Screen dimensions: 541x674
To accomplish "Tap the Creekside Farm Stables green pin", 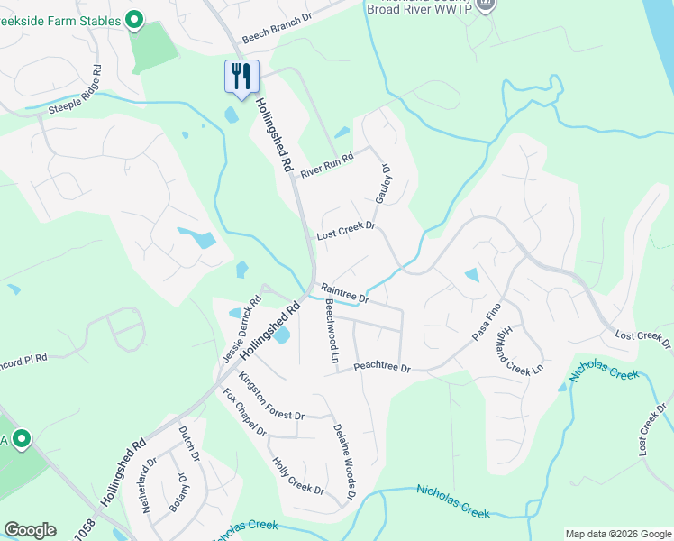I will (x=134, y=19).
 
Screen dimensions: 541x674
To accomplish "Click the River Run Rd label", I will (x=326, y=163).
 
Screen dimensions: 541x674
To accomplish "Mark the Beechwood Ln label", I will (x=332, y=334).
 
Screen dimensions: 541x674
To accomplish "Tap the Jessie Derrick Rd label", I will (x=241, y=331).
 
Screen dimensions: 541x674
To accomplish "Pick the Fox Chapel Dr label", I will (x=245, y=412).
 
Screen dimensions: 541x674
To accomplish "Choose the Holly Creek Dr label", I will (x=297, y=476).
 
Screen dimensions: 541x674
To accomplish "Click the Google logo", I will (x=30, y=530).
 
